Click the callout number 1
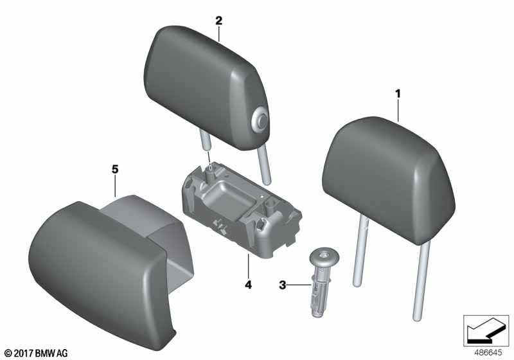coord(398,94)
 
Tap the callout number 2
coord(218,21)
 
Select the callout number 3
coord(282,285)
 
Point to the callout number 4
coord(249,285)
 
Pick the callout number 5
coord(115,170)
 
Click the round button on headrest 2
coord(260,122)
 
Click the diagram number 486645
coord(488,353)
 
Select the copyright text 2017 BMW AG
coord(37,353)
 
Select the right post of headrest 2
coord(265,163)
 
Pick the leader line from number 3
coord(299,285)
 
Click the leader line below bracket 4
coord(248,266)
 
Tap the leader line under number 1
coord(398,111)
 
